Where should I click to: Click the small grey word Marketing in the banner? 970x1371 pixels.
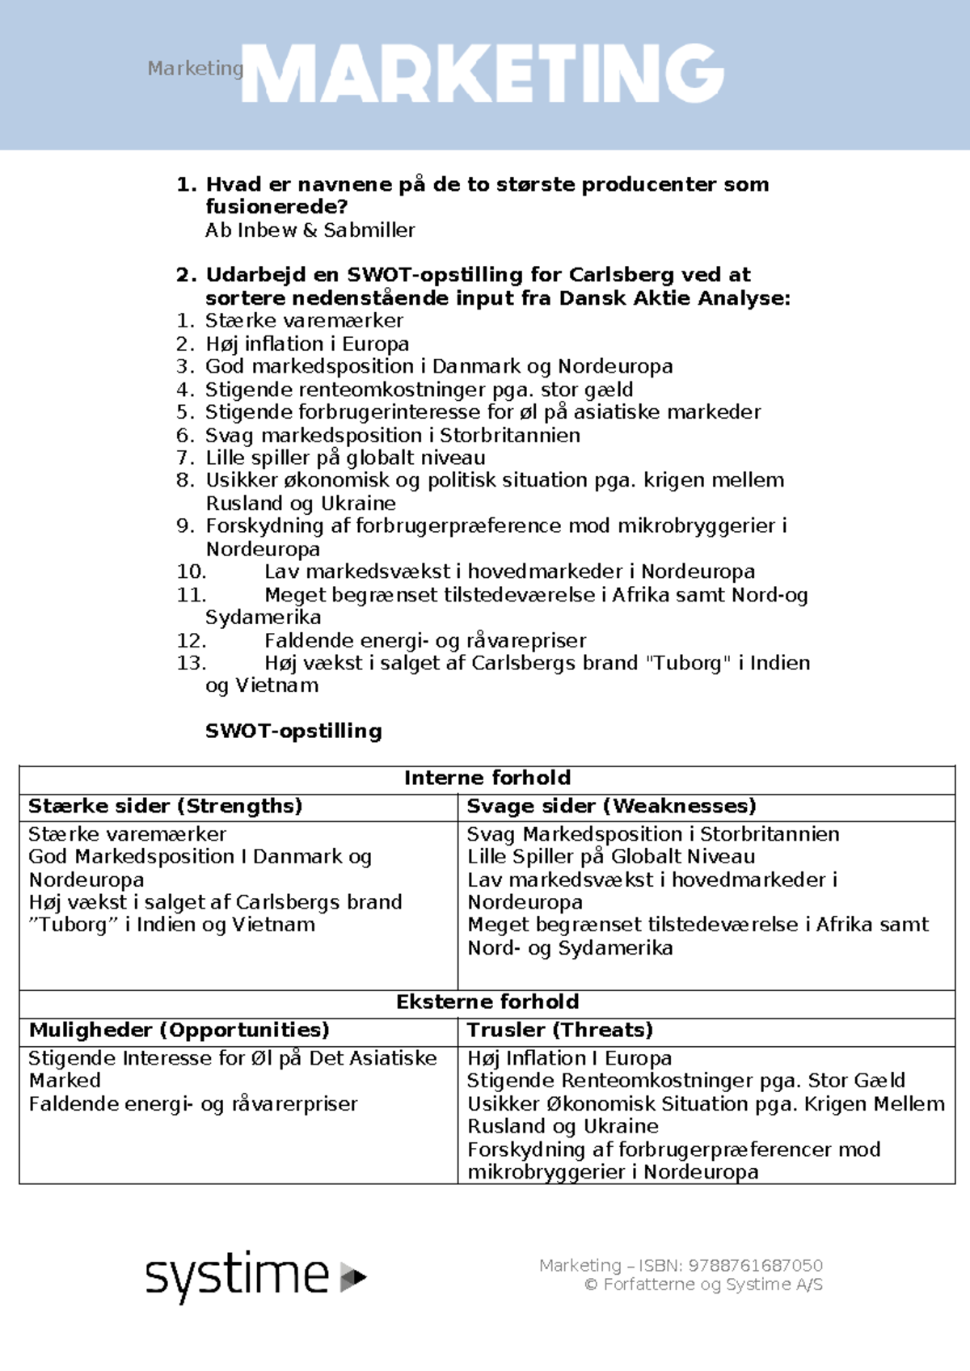coord(195,69)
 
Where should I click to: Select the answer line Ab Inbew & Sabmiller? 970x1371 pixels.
coord(310,230)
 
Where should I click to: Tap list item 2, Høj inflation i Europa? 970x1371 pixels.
coord(306,344)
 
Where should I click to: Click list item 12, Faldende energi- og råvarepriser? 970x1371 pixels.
coord(425,641)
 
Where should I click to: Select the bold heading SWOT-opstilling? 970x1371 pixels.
coord(293,731)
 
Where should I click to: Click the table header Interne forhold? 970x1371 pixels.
coord(487,778)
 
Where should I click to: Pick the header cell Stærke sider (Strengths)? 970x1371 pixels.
coord(165,806)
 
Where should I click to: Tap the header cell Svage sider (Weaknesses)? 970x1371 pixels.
coord(611,806)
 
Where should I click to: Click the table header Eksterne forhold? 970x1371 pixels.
coord(487,1002)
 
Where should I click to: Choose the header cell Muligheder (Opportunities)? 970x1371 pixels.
coord(179,1030)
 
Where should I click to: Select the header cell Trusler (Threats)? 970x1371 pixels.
coord(559,1030)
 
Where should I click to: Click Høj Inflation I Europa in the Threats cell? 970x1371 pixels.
coord(569,1058)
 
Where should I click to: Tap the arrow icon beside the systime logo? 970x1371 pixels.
coord(353,1277)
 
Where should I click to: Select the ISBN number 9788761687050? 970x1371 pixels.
coord(755,1266)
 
